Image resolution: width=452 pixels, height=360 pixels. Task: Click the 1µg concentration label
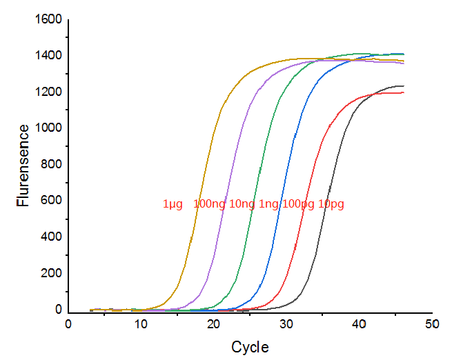click(173, 204)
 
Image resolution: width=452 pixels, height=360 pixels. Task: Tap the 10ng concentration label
click(242, 204)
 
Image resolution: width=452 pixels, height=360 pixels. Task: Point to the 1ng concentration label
click(269, 204)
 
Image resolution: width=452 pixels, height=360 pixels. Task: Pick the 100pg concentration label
click(298, 204)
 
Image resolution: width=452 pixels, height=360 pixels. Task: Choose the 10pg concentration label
click(331, 204)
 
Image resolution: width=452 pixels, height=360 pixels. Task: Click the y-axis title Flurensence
click(23, 166)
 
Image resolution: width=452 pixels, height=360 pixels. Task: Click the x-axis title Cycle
click(250, 347)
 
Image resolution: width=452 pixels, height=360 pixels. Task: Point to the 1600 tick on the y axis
click(47, 19)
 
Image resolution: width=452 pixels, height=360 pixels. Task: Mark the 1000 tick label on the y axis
click(47, 128)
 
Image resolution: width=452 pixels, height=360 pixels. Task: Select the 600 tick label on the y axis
click(50, 201)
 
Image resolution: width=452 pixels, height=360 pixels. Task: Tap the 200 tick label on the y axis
click(50, 274)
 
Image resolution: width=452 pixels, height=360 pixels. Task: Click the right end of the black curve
click(404, 86)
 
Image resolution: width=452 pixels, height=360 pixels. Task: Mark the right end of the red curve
click(404, 93)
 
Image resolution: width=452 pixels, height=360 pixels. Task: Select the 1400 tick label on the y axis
click(47, 56)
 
